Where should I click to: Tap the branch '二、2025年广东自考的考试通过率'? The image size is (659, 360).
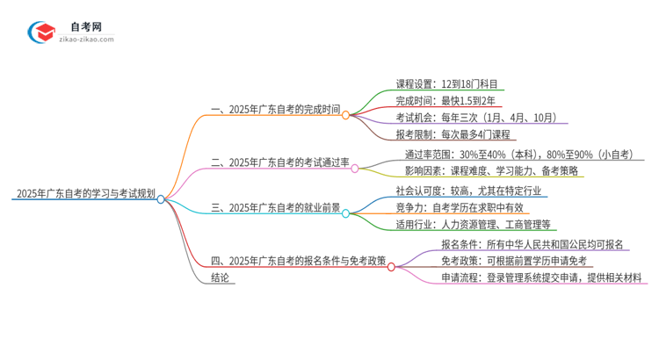[x=280, y=163]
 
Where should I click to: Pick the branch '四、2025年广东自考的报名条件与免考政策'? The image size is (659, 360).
[x=299, y=261]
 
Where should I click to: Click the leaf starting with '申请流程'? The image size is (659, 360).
[x=542, y=277]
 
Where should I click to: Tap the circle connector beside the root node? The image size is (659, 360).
[x=161, y=199]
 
